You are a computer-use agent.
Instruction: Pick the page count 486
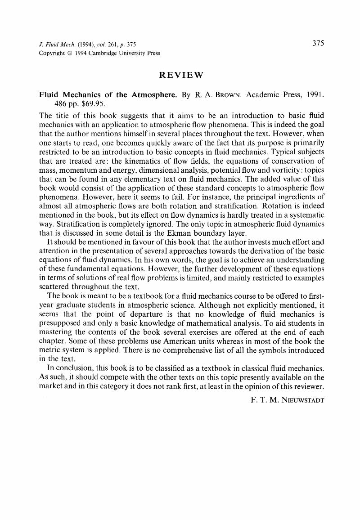61,103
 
